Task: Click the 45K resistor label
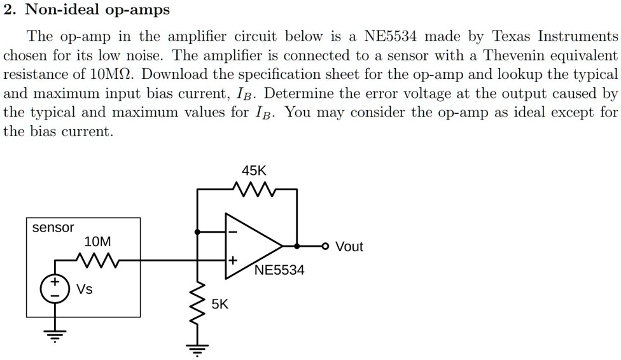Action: tap(255, 170)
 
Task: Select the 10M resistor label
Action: tap(97, 242)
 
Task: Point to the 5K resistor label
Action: tap(219, 304)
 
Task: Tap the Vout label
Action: tap(349, 247)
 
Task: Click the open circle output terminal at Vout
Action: tap(326, 246)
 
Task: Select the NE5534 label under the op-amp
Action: tap(279, 270)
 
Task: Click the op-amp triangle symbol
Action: tap(251, 246)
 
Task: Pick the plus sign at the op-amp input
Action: tap(232, 260)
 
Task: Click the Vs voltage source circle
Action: tap(55, 289)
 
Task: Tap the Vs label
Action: tap(85, 289)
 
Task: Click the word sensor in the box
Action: tap(53, 228)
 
